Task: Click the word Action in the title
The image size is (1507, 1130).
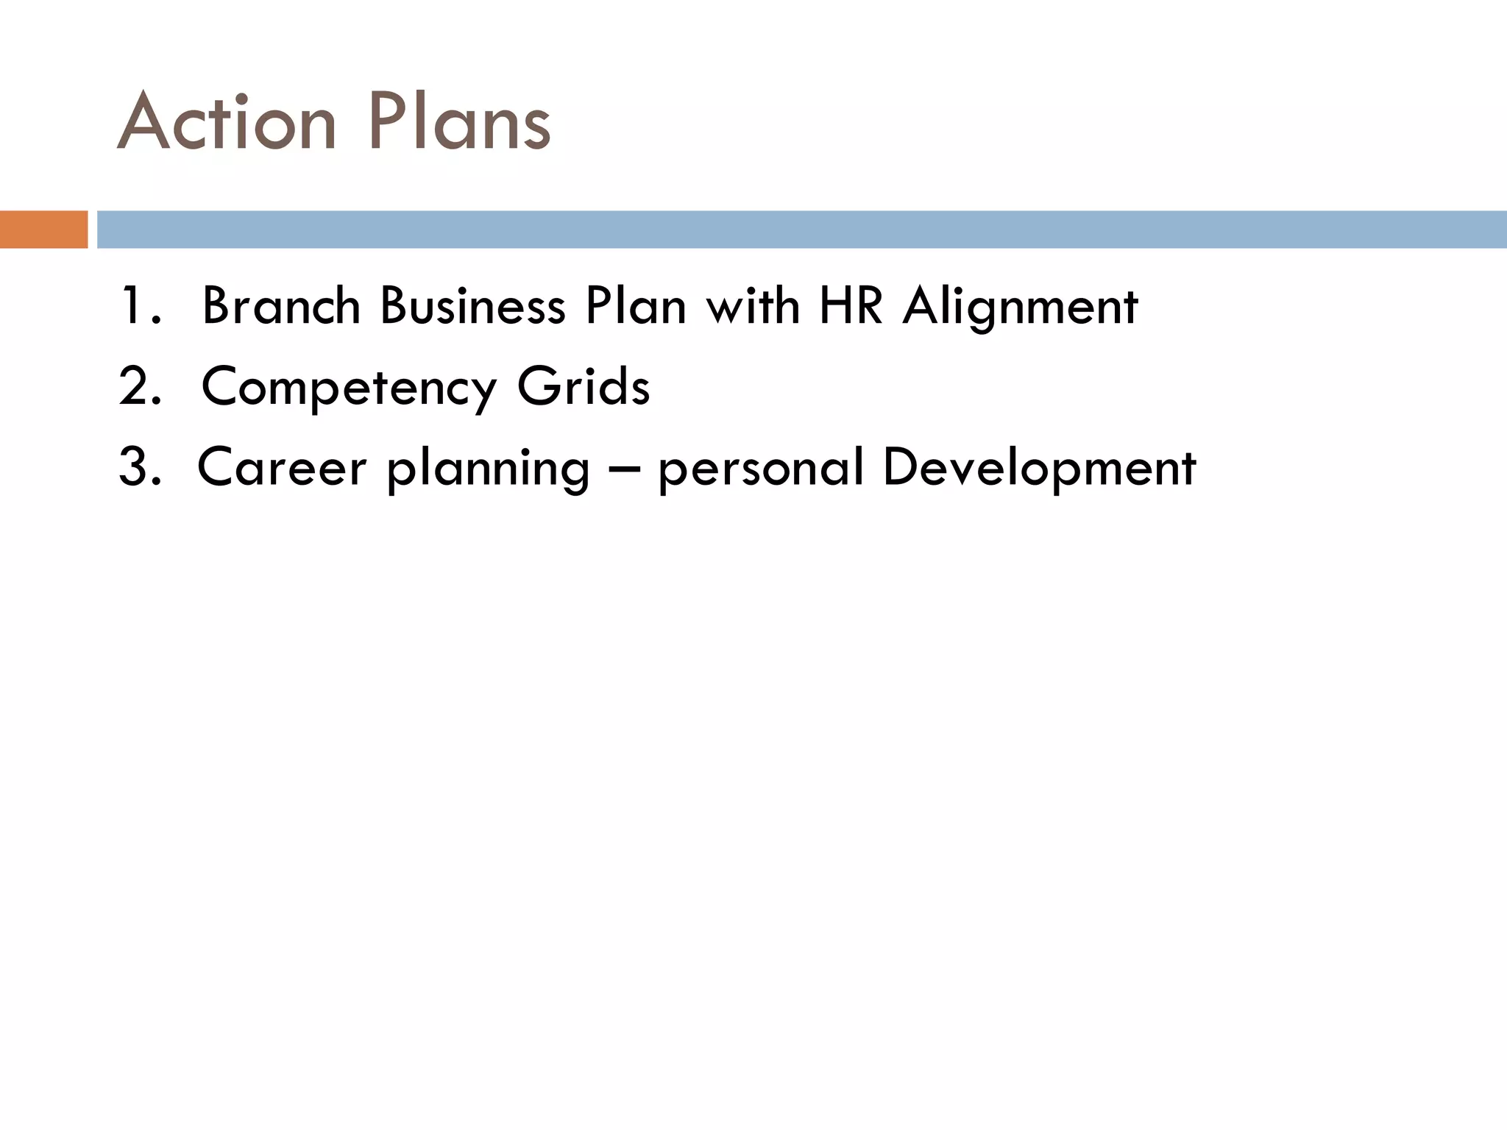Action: tap(227, 121)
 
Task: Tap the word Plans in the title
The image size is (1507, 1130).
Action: tap(459, 121)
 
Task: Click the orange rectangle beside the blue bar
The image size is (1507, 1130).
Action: tap(43, 230)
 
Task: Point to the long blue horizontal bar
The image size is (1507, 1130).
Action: tap(801, 230)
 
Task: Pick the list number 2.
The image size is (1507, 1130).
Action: tap(138, 386)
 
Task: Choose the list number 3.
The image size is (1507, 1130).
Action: tap(138, 467)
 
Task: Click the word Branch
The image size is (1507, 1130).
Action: tap(281, 306)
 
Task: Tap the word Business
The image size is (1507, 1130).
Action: tap(472, 306)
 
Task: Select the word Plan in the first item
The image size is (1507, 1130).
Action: tap(635, 306)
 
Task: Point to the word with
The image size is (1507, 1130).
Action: tap(753, 306)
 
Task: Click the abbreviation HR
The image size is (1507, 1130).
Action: tap(851, 306)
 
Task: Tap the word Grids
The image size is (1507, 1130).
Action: tap(583, 386)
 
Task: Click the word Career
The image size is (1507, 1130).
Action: tap(282, 467)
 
